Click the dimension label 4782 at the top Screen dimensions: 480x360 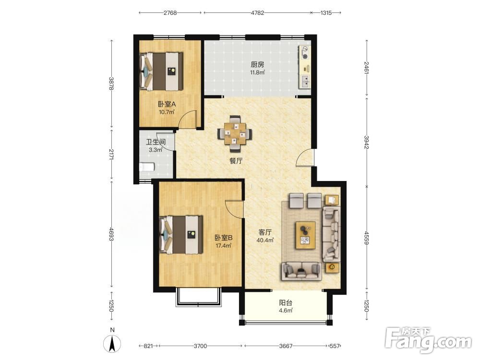(x=257, y=13)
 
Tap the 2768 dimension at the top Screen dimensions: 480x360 (x=170, y=13)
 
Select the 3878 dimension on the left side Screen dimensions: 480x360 (x=111, y=83)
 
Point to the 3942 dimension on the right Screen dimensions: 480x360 (x=366, y=142)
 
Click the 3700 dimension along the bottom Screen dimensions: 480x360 (x=200, y=346)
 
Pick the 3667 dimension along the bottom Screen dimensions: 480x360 (x=286, y=346)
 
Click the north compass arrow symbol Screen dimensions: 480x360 (x=112, y=344)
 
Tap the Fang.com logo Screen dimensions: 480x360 (x=428, y=340)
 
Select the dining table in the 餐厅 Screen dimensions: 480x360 (x=235, y=133)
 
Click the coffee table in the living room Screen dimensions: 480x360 (x=306, y=235)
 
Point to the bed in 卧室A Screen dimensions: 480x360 (x=161, y=72)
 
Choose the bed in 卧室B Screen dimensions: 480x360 (x=181, y=235)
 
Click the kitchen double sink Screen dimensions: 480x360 (x=305, y=81)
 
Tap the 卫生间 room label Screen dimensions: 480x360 (x=156, y=142)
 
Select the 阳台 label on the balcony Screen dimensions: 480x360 (x=286, y=303)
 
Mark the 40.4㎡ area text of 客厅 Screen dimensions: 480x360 (x=265, y=240)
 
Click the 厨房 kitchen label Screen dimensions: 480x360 (x=257, y=65)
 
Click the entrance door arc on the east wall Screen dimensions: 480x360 (x=305, y=157)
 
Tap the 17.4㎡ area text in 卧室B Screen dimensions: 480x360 (x=224, y=245)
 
